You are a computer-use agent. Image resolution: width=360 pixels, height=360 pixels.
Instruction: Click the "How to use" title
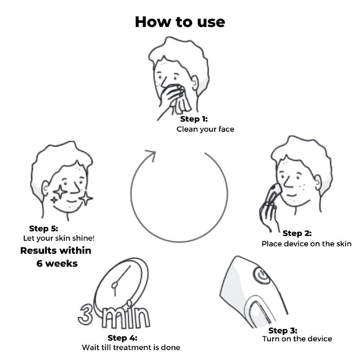[x=180, y=22]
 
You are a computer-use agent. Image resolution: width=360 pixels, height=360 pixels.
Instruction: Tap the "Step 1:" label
[x=194, y=119]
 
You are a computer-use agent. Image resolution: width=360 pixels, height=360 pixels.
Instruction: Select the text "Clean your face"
[x=205, y=129]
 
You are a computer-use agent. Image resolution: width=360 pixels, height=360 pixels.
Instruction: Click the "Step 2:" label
[x=297, y=233]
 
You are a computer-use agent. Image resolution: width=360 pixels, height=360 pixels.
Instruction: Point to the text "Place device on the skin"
[x=306, y=243]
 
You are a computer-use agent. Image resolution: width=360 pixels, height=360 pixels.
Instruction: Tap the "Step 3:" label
[x=283, y=331]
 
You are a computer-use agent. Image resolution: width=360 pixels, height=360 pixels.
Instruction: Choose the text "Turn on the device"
[x=297, y=339]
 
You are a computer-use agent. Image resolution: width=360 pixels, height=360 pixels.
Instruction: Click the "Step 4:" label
[x=122, y=338]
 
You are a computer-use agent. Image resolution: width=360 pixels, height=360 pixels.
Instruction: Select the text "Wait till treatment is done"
[x=131, y=347]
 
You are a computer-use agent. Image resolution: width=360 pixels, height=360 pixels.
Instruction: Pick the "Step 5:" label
[x=44, y=229]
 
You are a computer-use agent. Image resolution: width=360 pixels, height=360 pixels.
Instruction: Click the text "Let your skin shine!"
[x=59, y=238]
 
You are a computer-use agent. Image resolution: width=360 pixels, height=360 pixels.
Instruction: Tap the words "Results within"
[x=56, y=251]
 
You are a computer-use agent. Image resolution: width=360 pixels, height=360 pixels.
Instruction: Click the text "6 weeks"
[x=57, y=264]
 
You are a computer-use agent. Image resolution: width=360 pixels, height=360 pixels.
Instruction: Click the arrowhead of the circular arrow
[x=152, y=155]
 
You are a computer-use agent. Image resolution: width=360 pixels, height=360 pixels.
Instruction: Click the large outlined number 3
[x=85, y=315]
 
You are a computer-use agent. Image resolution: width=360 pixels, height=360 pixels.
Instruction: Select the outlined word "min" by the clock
[x=126, y=316]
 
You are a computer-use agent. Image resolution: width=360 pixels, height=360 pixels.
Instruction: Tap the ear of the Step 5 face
[x=45, y=189]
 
